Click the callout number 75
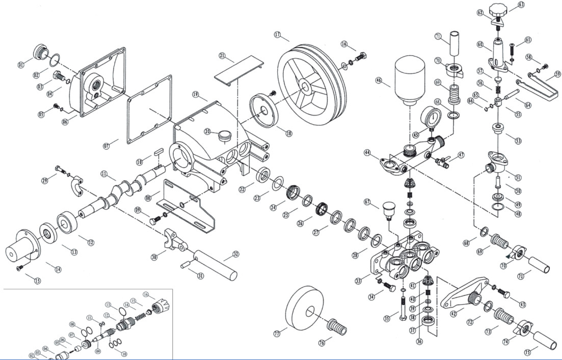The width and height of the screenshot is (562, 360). tap(527, 352)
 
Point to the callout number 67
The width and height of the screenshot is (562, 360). tap(367, 202)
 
